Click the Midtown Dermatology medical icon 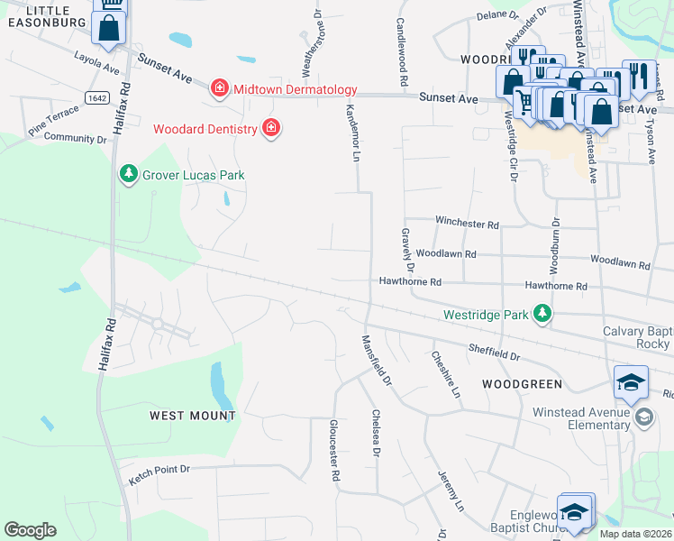219,88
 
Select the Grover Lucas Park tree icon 129,174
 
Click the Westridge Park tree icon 542,315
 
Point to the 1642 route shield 98,96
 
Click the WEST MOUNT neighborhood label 192,416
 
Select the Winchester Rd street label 467,223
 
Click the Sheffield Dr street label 494,351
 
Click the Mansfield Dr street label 377,361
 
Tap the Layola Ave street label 96,64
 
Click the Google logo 30,530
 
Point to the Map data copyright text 635,534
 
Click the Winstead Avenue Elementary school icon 644,417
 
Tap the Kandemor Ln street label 352,131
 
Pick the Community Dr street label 75,139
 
